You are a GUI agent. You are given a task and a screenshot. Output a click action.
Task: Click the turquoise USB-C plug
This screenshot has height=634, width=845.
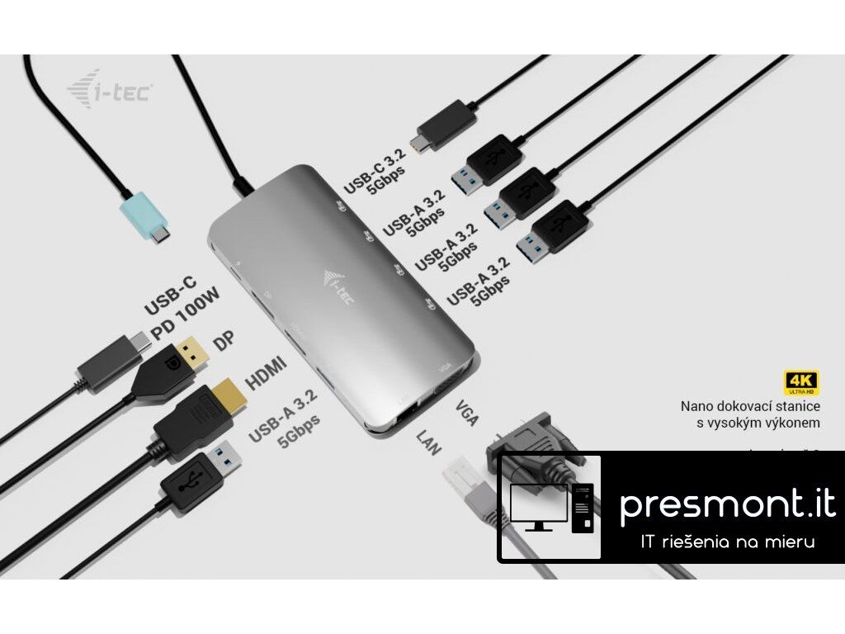(147, 215)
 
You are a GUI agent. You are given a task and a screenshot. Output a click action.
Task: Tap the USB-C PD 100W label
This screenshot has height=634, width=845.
(182, 307)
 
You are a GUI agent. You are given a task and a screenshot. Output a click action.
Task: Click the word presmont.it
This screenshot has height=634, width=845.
(727, 505)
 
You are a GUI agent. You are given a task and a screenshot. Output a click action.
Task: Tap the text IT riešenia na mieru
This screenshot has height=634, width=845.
(728, 542)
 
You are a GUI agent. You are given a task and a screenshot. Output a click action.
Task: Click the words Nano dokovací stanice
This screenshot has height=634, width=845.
(750, 406)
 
